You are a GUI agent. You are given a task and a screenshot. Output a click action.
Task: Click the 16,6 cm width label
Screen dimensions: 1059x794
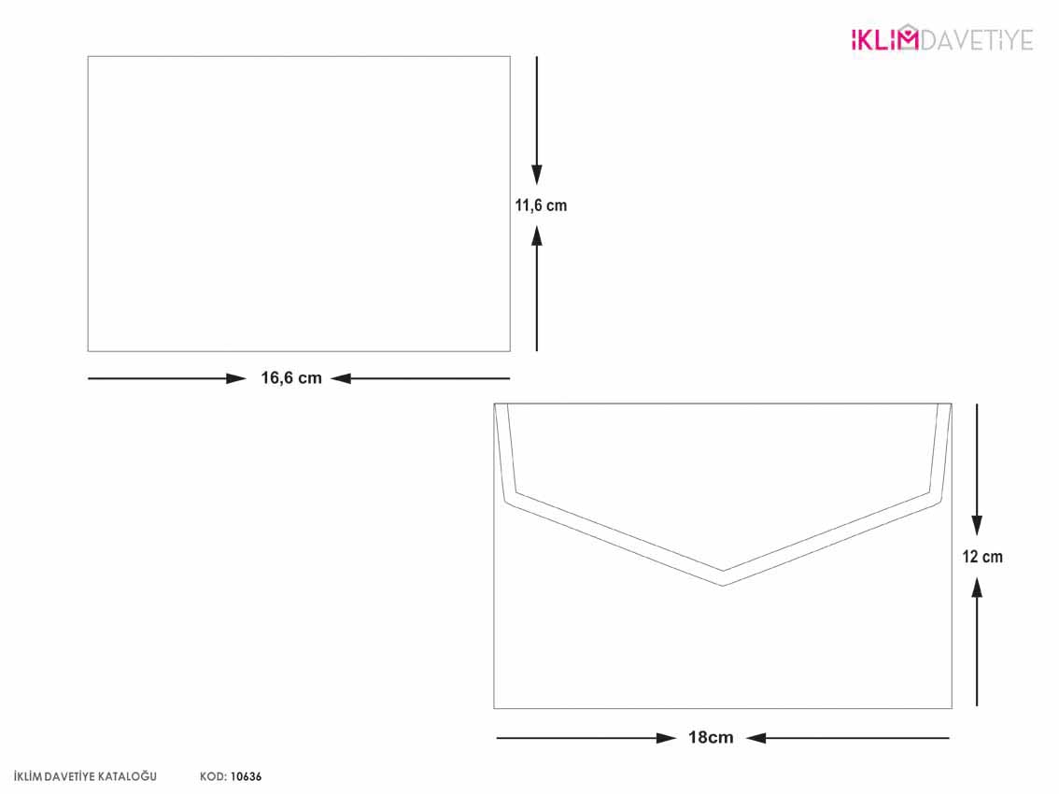291,377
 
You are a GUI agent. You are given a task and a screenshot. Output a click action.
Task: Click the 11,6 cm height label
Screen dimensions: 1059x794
541,206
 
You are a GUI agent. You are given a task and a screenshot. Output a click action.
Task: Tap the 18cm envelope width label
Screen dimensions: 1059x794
711,737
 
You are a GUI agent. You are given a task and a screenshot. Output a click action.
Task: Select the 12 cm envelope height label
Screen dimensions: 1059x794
982,557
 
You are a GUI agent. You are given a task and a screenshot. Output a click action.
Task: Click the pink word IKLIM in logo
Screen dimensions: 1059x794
884,39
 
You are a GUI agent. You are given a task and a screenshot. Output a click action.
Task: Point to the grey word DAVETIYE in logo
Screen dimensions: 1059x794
977,40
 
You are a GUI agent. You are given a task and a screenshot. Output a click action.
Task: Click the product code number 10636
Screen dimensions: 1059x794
246,777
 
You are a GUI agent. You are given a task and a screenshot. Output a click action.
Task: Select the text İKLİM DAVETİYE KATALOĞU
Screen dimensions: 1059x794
85,777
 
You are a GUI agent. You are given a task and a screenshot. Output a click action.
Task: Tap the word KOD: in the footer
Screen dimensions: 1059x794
213,777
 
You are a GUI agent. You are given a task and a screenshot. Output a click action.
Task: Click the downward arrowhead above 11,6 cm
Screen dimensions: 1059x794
537,175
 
